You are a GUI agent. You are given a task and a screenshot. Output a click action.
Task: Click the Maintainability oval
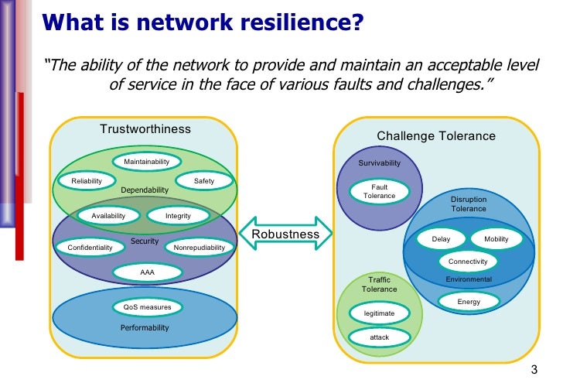pos(147,162)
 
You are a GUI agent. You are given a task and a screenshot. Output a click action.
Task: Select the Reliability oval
pos(87,181)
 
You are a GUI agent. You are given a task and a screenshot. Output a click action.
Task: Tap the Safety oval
pos(204,181)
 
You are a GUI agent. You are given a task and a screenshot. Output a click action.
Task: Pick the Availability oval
pos(108,216)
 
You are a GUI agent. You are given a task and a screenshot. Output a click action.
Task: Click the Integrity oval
pos(178,216)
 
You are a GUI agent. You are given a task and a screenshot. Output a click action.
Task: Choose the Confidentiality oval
pos(90,248)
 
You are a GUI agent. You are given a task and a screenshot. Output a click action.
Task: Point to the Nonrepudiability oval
pos(200,248)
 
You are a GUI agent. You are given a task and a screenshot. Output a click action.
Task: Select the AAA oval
pos(147,272)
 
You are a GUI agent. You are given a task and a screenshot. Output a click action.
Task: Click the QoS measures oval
pos(147,307)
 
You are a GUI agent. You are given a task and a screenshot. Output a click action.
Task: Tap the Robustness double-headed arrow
pos(285,234)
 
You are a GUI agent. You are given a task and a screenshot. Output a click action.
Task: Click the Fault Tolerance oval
pos(379,191)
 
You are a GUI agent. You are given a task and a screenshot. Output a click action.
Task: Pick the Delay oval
pos(441,239)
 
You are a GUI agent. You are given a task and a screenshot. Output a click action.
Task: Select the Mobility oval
pos(496,239)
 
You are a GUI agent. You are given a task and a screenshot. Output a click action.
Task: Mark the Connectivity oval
pos(468,262)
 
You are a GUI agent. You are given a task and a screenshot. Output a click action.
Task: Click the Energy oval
pos(469,301)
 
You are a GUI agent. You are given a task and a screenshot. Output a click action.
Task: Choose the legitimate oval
pos(379,313)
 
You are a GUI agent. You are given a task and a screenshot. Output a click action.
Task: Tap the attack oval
pos(379,337)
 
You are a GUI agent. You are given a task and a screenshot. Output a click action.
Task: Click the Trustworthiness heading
pos(145,128)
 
